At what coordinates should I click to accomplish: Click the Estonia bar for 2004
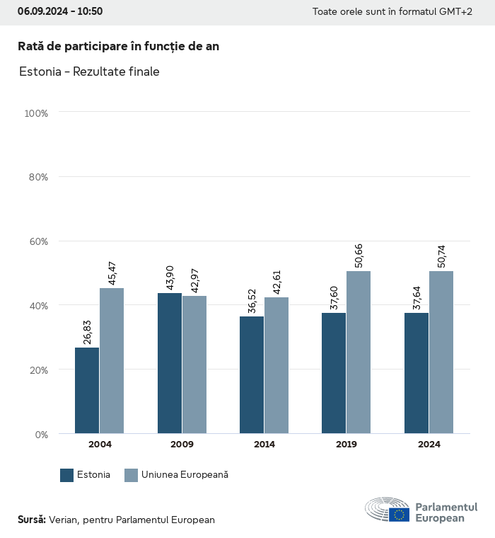(x=87, y=390)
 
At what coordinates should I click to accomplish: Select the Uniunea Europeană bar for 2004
(x=112, y=360)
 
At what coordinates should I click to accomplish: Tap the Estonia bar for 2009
(x=170, y=363)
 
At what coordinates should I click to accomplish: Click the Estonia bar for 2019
(x=334, y=373)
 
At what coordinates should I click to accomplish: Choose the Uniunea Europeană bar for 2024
(x=441, y=352)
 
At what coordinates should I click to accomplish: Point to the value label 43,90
(x=170, y=274)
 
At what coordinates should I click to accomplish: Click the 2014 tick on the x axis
(x=264, y=445)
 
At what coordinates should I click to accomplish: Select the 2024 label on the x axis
(x=429, y=445)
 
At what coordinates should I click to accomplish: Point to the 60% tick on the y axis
(x=37, y=241)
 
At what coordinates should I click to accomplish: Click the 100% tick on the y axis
(x=35, y=113)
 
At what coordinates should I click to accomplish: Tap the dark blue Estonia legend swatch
(x=67, y=475)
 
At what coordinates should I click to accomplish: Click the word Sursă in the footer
(x=32, y=520)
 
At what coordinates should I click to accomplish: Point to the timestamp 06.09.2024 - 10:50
(x=60, y=11)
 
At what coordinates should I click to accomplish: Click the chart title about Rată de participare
(x=118, y=46)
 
